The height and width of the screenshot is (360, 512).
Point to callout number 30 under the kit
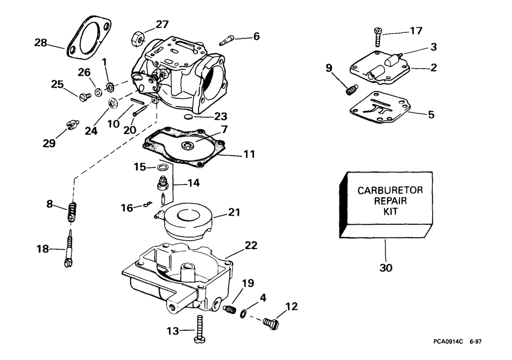(x=387, y=267)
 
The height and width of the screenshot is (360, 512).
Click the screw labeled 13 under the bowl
(x=199, y=329)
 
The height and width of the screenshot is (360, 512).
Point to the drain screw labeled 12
(x=270, y=323)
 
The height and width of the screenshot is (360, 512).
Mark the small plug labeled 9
(x=350, y=91)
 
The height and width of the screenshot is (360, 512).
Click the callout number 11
(x=249, y=153)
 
